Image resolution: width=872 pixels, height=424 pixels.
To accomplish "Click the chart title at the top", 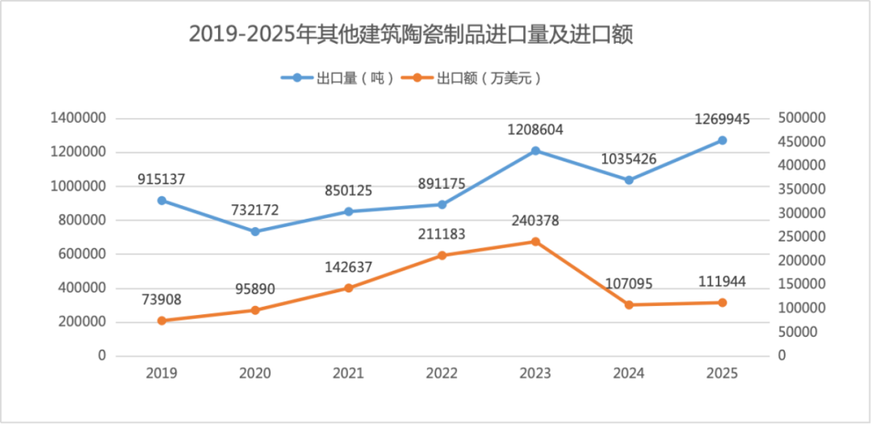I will coord(410,34).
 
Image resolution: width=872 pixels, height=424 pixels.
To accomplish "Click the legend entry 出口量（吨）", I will coord(337,78).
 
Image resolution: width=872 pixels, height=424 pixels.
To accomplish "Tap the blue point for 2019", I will coord(161,200).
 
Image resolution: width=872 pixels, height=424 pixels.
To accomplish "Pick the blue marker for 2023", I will coord(535,151).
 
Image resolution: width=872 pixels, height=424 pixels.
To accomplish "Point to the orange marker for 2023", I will coord(535,241).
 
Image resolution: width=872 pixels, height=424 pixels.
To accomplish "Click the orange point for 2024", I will coord(629,305).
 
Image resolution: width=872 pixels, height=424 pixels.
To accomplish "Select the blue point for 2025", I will coord(723,141).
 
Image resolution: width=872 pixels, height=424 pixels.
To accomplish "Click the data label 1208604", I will coord(535,129).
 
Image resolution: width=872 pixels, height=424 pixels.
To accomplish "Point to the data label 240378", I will coord(535,220).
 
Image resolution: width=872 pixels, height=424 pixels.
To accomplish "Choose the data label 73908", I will coord(161,300).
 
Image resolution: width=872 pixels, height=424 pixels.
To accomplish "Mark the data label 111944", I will coord(723,282).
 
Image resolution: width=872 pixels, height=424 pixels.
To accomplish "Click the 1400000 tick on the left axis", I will coord(78,119).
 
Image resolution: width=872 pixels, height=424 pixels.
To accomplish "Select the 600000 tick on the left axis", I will coord(82,254).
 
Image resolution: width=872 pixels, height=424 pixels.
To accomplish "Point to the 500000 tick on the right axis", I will coord(802,119).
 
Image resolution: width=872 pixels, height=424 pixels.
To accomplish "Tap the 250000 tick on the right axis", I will coord(802,237).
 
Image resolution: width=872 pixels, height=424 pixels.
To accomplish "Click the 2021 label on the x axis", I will coord(348,374).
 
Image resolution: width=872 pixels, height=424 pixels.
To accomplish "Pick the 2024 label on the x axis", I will coord(629,374).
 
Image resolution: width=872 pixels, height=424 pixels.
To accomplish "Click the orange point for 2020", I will coord(255,310).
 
